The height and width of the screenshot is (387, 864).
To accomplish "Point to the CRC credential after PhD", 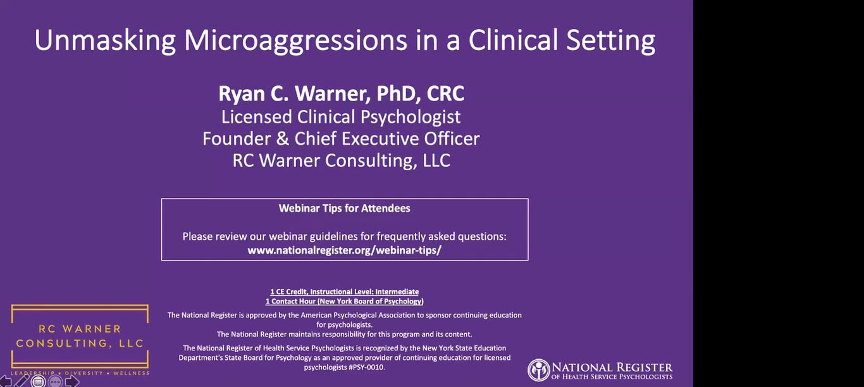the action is tap(445, 94).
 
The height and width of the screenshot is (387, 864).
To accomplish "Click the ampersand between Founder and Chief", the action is tap(283, 138).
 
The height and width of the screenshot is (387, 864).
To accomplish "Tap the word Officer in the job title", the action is tap(452, 138).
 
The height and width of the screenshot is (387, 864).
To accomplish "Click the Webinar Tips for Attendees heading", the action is tap(345, 209).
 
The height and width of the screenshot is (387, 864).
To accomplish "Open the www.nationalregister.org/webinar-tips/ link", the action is tap(345, 250).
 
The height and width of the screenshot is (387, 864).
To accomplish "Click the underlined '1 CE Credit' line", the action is tap(345, 292).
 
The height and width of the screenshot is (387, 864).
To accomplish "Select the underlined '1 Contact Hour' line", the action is tap(345, 302).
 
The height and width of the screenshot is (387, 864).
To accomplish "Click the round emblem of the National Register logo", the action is tap(538, 370).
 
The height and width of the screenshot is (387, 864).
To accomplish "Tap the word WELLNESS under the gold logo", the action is tap(131, 373).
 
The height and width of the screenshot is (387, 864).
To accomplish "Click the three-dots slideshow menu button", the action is tap(56, 381).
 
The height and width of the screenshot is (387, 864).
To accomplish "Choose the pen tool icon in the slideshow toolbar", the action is tap(22, 381).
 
